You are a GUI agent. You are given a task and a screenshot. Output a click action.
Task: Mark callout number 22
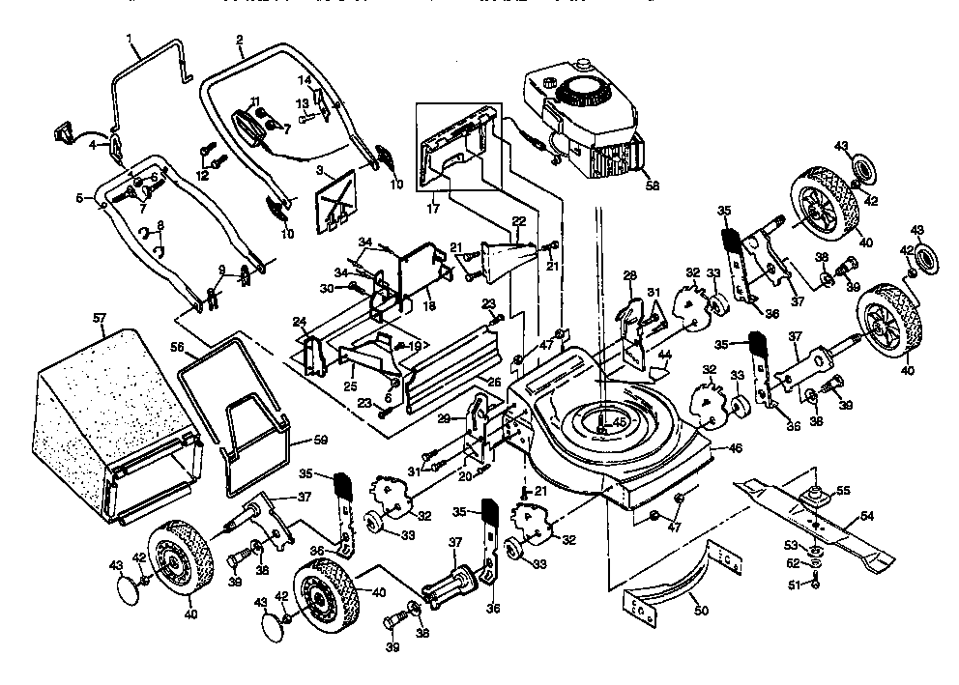[x=518, y=221]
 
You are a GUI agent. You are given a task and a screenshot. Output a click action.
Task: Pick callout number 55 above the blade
[x=844, y=491]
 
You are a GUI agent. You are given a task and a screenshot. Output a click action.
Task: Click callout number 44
[x=663, y=356]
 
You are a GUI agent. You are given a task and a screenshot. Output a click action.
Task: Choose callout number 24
[x=301, y=323]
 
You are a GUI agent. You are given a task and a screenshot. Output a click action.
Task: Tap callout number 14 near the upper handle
[x=305, y=79]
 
